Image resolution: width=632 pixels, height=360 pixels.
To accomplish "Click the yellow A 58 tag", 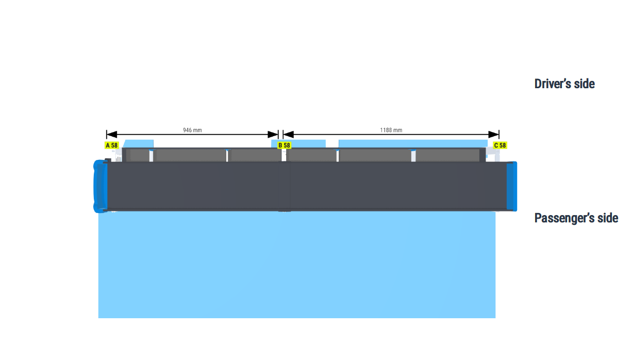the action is [x=112, y=145].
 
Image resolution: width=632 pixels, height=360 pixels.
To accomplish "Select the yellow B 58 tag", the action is [x=284, y=145].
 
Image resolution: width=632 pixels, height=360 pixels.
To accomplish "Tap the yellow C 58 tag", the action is [x=500, y=145].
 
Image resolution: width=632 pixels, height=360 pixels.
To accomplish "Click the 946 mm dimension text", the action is [x=192, y=130].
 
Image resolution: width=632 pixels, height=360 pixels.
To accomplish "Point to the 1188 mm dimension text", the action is [x=391, y=130].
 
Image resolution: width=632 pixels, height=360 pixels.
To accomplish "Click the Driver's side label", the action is [x=564, y=84].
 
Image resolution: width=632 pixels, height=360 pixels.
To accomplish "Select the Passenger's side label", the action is [x=576, y=218].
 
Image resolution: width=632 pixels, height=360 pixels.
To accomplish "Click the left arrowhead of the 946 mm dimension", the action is [x=112, y=135].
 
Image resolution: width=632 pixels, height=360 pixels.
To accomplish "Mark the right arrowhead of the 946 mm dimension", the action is [x=273, y=135].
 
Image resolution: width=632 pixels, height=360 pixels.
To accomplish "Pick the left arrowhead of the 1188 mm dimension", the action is [x=288, y=135].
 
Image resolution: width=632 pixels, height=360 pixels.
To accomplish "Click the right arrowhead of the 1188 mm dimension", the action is [x=494, y=135].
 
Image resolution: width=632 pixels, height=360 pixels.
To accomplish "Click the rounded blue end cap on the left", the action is [x=100, y=186].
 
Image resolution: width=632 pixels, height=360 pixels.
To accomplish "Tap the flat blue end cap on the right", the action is [x=512, y=186].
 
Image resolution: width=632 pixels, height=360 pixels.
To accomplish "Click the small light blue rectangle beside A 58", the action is [x=139, y=144].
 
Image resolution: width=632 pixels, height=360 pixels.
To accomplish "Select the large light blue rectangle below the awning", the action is [x=297, y=265].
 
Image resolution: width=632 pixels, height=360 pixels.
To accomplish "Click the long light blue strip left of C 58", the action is [x=413, y=143].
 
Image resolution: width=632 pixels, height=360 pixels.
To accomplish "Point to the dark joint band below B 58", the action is [x=285, y=186].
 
